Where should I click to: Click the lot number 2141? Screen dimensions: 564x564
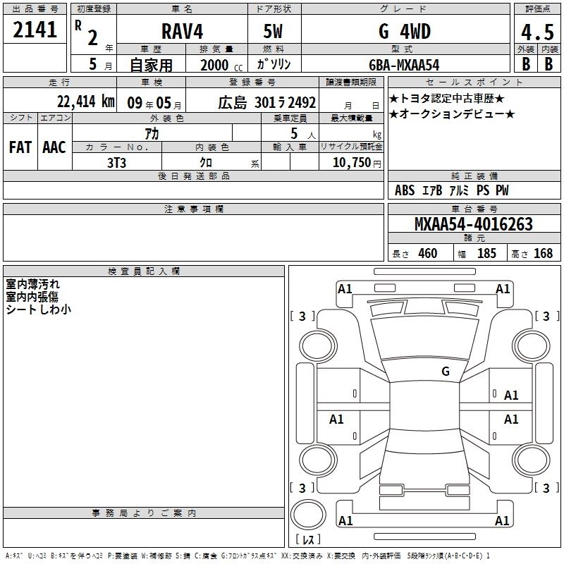[x=35, y=30]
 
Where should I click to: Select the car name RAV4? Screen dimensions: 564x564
[x=183, y=31]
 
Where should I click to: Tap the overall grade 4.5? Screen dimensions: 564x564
[x=537, y=32]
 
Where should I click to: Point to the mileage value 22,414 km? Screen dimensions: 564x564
[x=85, y=102]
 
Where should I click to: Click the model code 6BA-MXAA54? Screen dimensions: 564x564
[x=404, y=65]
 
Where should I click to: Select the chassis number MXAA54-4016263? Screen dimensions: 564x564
[x=473, y=224]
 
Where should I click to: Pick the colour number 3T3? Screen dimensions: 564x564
[x=116, y=163]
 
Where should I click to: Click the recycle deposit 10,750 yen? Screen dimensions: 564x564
[x=357, y=163]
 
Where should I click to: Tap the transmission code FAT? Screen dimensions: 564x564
[x=20, y=147]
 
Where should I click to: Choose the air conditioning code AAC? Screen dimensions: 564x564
[x=54, y=147]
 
